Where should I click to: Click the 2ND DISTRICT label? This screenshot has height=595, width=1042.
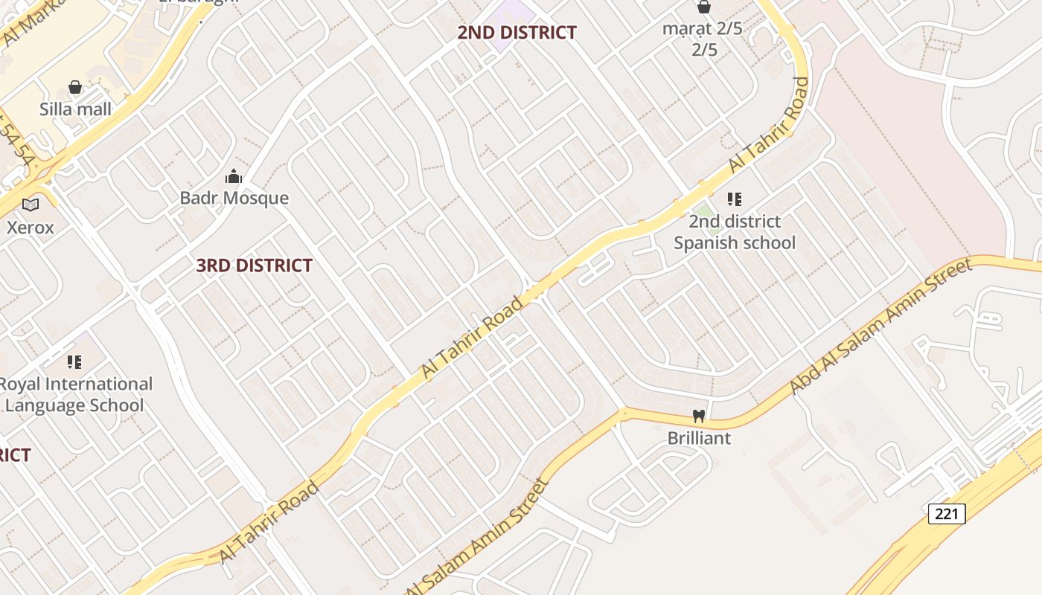tap(517, 32)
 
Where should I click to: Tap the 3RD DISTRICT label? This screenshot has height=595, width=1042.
tap(254, 265)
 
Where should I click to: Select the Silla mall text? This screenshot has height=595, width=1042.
tap(75, 109)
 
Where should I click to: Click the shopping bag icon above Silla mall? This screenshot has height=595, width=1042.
tap(75, 88)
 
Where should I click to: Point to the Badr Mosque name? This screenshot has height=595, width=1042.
tap(234, 198)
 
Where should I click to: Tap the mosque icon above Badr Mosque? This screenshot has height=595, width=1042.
tap(234, 176)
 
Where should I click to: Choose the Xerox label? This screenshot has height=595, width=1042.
tap(31, 227)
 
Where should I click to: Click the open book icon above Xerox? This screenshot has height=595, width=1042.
tap(31, 205)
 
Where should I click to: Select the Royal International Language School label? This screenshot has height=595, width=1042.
tap(74, 394)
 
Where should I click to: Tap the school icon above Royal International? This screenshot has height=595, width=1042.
tap(74, 362)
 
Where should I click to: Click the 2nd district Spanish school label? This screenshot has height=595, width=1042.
tap(735, 232)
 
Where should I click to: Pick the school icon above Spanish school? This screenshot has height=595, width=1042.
tap(735, 199)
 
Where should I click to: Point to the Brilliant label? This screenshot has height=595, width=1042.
tap(699, 438)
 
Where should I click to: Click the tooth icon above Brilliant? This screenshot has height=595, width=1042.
tap(699, 416)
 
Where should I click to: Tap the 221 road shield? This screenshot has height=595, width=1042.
tap(947, 513)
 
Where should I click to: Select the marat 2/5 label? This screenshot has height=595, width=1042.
tap(704, 39)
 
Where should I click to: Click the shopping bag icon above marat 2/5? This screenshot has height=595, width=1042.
tap(703, 7)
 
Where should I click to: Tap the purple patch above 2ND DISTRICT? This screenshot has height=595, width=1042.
tap(514, 13)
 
